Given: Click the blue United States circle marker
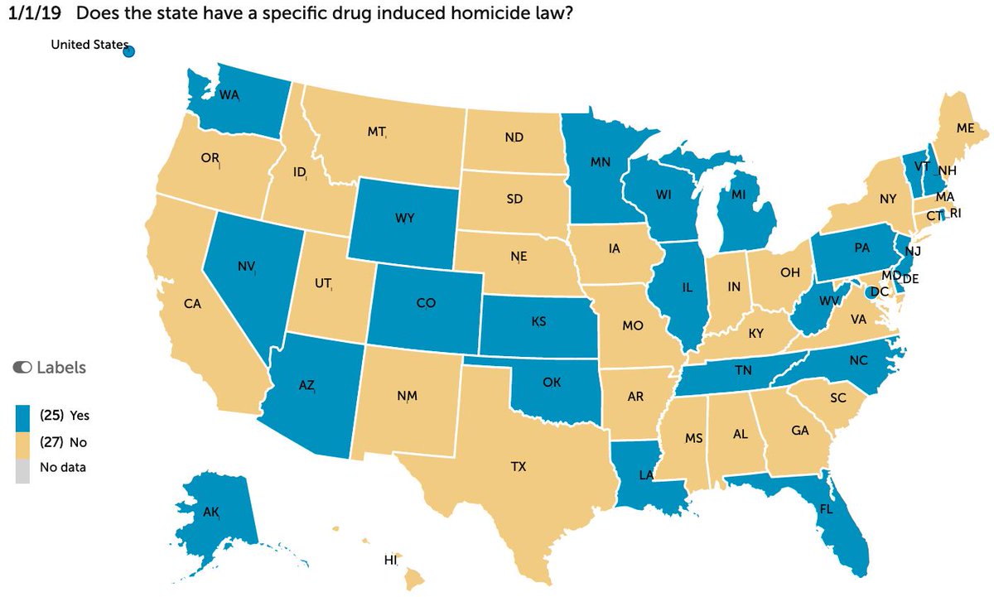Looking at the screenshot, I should [129, 52].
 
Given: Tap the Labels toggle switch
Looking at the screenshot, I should [21, 367].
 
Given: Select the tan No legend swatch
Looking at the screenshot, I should [22, 442].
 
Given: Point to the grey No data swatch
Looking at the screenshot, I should [22, 469].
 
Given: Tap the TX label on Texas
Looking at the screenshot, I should [519, 467].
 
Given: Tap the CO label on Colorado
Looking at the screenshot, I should [426, 304].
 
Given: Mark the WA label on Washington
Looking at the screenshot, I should [229, 94].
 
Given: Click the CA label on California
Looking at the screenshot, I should [193, 304].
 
